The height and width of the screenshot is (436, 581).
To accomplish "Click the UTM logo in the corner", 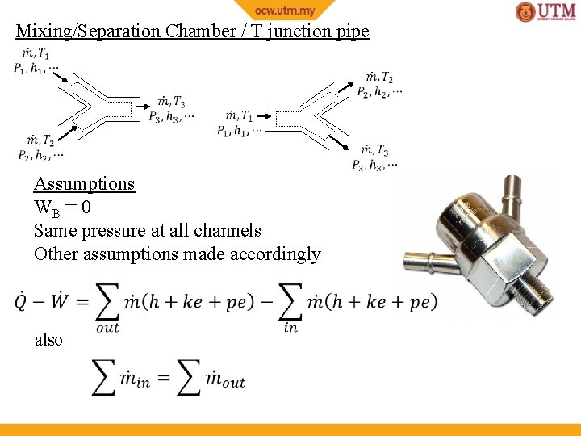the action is point(545,12).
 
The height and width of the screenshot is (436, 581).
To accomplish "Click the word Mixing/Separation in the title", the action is point(88,32).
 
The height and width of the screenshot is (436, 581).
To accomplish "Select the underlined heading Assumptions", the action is point(84,183).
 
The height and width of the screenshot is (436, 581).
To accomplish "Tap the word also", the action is point(48,340).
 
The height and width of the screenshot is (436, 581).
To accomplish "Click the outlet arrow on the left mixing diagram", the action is point(143,105).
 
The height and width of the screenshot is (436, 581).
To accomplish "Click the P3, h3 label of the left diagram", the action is point(170,116).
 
